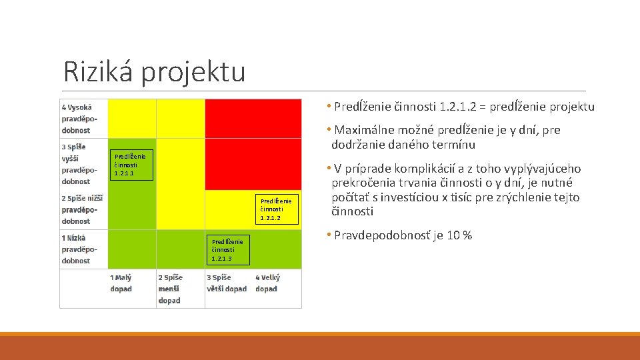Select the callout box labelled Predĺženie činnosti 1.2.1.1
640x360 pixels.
point(131,165)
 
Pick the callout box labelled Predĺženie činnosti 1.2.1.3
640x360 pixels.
point(227,249)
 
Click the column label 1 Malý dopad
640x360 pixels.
point(122,283)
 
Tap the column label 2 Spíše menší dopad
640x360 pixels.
point(170,289)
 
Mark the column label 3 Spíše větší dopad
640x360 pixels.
point(227,283)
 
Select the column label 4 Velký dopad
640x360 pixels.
point(268,283)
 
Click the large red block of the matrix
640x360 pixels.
point(253,143)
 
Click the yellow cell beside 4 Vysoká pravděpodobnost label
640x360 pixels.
point(131,118)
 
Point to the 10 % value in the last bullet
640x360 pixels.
point(458,235)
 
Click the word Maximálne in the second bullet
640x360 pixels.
point(366,130)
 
